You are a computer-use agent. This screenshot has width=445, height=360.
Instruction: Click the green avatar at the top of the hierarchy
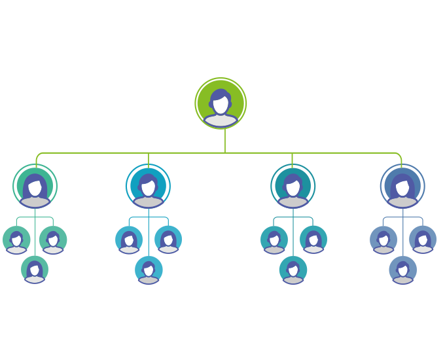point(221,103)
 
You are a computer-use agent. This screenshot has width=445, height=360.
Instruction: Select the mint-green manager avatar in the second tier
point(35,187)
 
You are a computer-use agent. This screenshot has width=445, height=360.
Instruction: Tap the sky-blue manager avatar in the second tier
point(149,187)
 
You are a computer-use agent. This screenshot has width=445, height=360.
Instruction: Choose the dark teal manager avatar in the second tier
point(293,187)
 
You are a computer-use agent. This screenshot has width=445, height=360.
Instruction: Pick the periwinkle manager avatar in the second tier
point(402,187)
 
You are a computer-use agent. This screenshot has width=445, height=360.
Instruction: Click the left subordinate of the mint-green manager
point(16,240)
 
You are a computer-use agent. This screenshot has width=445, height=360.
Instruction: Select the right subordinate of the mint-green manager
point(53,240)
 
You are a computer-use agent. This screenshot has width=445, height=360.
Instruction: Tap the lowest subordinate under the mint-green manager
point(35,269)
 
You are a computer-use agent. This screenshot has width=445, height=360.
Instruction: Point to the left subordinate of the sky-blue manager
point(129,240)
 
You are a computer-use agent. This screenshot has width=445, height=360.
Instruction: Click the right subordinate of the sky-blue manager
point(168,240)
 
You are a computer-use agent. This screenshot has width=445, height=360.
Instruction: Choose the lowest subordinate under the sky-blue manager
point(149,269)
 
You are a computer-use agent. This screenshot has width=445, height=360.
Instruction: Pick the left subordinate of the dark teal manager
point(274,240)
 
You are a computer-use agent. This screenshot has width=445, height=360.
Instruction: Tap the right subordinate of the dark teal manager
point(313,240)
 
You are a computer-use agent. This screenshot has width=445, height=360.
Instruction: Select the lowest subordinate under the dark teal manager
point(293,269)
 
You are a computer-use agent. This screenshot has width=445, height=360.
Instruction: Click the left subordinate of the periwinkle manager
point(383,240)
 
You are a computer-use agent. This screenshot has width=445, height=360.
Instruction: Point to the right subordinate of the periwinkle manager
point(423,240)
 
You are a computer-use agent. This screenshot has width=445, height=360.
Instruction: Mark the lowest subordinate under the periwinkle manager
point(403,269)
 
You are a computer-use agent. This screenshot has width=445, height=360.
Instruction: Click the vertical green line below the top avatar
point(225,141)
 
